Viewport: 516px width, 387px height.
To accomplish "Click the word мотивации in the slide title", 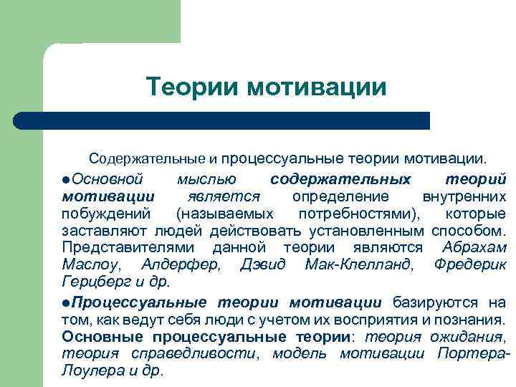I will pos(317,87).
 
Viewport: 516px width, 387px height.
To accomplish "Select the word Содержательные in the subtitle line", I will pos(147,156).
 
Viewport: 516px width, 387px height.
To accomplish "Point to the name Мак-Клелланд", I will pos(358,265).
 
